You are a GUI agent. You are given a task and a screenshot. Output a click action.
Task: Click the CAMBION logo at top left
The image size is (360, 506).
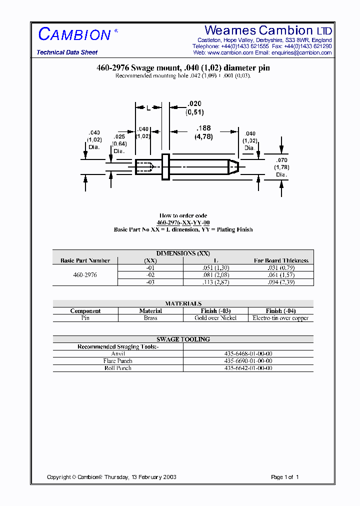[75, 34]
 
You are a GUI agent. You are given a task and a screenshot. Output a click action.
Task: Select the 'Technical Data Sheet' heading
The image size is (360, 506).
[67, 52]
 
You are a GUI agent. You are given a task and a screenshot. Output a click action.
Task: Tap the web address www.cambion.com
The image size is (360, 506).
[230, 52]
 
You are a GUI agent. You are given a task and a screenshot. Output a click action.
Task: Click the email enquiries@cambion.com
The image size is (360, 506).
[306, 52]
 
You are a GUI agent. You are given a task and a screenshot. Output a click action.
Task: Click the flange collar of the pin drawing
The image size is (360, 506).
[166, 166]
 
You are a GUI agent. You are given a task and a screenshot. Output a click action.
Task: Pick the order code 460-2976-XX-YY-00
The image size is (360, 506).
[183, 222]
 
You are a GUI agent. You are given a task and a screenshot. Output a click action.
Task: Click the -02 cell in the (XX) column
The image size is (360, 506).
[150, 275]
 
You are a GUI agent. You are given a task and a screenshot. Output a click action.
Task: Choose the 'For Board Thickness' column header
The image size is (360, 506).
[281, 260]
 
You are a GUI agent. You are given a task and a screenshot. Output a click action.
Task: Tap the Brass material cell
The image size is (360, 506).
[150, 318]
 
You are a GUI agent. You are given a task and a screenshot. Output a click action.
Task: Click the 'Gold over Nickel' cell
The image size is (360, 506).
[215, 318]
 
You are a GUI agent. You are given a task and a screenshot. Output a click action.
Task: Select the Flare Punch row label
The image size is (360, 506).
[117, 361]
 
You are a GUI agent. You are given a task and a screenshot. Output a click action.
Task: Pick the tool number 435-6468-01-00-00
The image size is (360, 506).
[248, 353]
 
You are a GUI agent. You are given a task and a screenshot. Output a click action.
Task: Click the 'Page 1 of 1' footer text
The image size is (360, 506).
[284, 477]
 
